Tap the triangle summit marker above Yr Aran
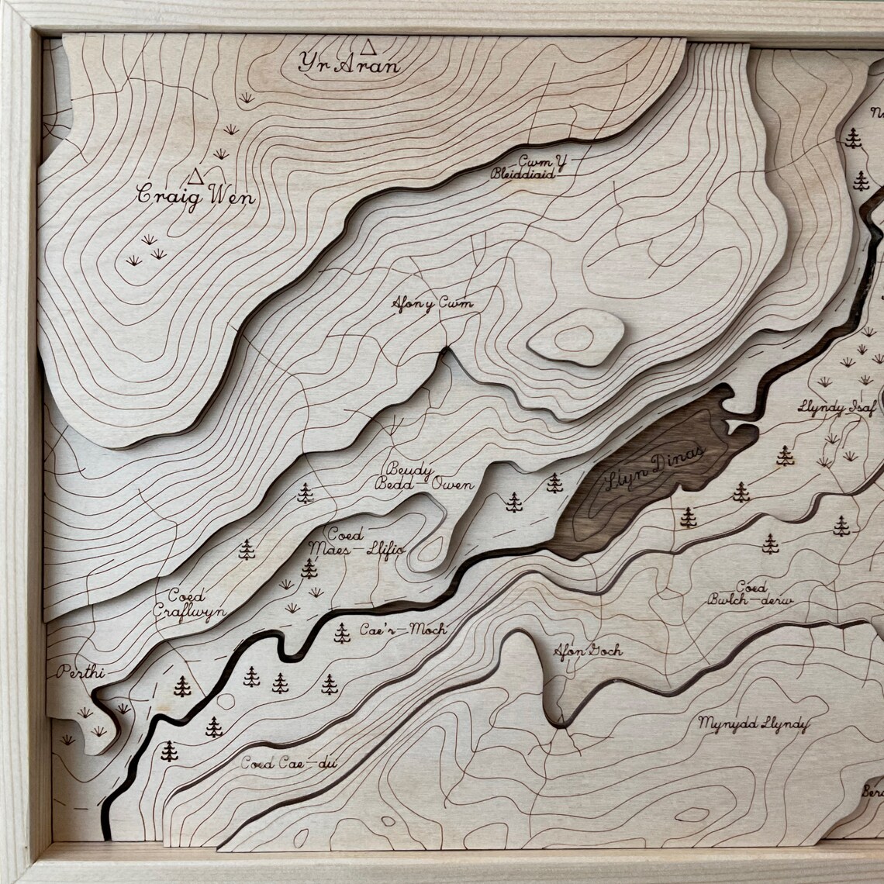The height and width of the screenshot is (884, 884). [x=368, y=47]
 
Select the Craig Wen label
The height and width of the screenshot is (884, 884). [x=195, y=195]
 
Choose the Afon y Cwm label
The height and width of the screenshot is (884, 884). [x=432, y=303]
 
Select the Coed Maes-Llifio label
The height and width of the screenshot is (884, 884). [x=356, y=542]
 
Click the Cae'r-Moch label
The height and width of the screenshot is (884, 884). [x=402, y=630]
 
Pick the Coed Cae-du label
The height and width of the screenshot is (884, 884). [x=288, y=764]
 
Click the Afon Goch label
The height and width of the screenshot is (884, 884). [x=587, y=651]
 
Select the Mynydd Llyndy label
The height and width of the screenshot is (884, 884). [x=752, y=724]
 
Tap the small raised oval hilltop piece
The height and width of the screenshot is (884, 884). [x=575, y=337]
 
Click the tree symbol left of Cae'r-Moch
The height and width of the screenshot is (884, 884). [x=342, y=634]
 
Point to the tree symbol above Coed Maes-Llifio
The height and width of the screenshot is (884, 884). [x=305, y=493]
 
